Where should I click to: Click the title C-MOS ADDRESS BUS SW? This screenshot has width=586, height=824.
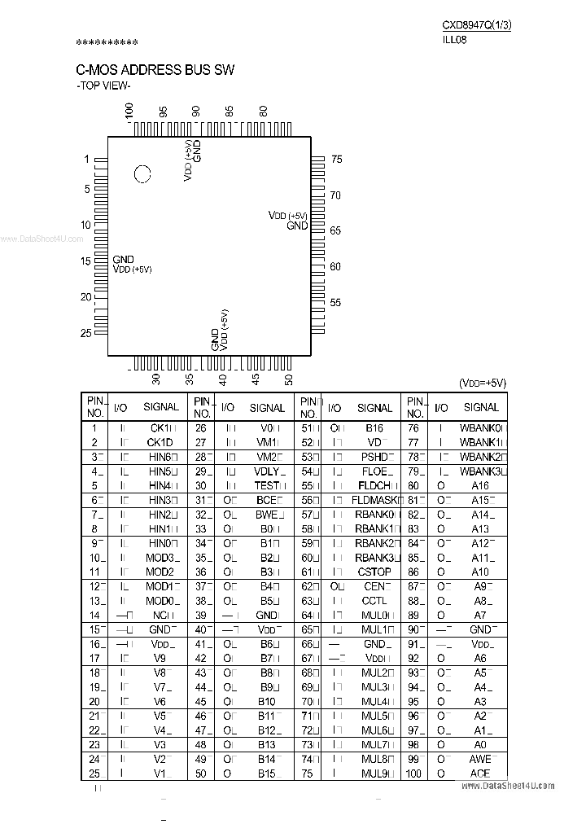click(155, 70)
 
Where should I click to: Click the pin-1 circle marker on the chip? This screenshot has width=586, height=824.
click(142, 173)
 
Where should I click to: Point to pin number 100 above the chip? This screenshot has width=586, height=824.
click(129, 111)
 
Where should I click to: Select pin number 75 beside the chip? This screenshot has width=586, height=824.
click(336, 160)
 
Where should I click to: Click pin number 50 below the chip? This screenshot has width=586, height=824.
click(288, 379)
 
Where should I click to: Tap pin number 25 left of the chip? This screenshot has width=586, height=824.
click(86, 332)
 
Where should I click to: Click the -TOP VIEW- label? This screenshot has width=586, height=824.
click(103, 85)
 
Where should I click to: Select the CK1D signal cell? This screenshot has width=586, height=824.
click(160, 442)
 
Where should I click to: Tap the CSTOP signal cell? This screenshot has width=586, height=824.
click(374, 572)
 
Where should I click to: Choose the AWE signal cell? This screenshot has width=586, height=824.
click(480, 759)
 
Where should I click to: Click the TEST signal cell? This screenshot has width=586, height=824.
click(269, 485)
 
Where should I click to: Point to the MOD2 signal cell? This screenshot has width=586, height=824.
click(160, 572)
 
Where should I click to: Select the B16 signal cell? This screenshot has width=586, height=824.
click(374, 427)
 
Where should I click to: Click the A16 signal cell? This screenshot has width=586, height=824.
click(480, 485)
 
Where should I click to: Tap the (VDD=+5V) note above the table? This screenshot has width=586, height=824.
click(483, 383)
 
